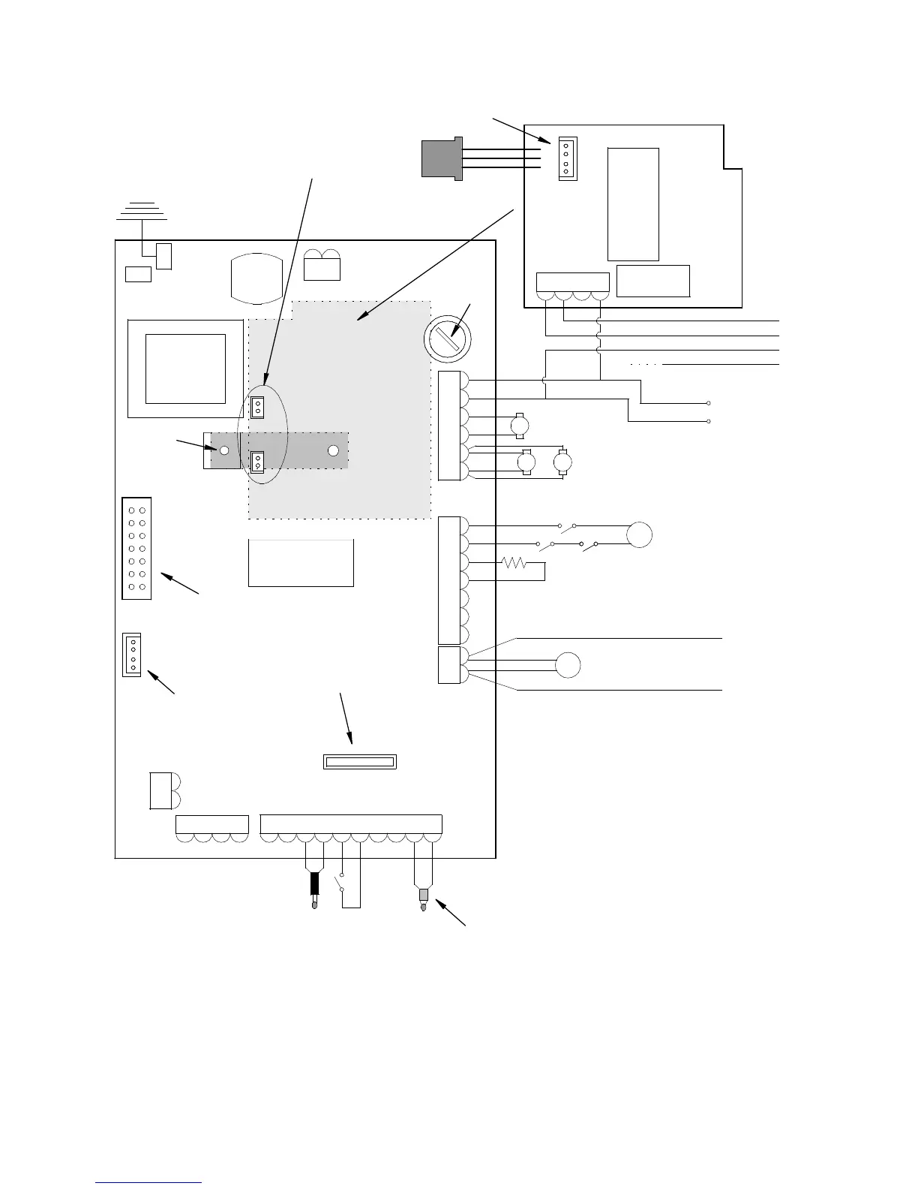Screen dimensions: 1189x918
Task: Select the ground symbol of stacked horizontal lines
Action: pyautogui.click(x=142, y=211)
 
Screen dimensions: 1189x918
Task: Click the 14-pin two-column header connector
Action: pyautogui.click(x=136, y=548)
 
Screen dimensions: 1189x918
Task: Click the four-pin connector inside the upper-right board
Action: pyautogui.click(x=565, y=158)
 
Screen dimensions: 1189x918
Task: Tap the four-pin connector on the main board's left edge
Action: pyautogui.click(x=132, y=655)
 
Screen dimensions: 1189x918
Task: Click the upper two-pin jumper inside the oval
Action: pyautogui.click(x=257, y=407)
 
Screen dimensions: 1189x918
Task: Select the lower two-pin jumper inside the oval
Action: pyautogui.click(x=257, y=462)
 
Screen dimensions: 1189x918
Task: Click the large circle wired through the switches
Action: pyautogui.click(x=640, y=535)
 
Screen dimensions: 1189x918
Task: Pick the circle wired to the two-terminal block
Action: pyautogui.click(x=568, y=665)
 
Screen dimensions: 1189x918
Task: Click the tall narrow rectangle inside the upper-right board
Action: pyautogui.click(x=633, y=204)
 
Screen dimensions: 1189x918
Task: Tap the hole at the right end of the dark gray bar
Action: pyautogui.click(x=334, y=450)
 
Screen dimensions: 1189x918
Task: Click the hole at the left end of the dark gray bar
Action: pyautogui.click(x=223, y=450)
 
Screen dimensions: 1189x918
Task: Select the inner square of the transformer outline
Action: pyautogui.click(x=185, y=369)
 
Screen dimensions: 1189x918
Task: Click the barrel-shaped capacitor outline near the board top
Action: pyautogui.click(x=257, y=279)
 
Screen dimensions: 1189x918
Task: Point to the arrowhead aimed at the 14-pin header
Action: pyautogui.click(x=166, y=577)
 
